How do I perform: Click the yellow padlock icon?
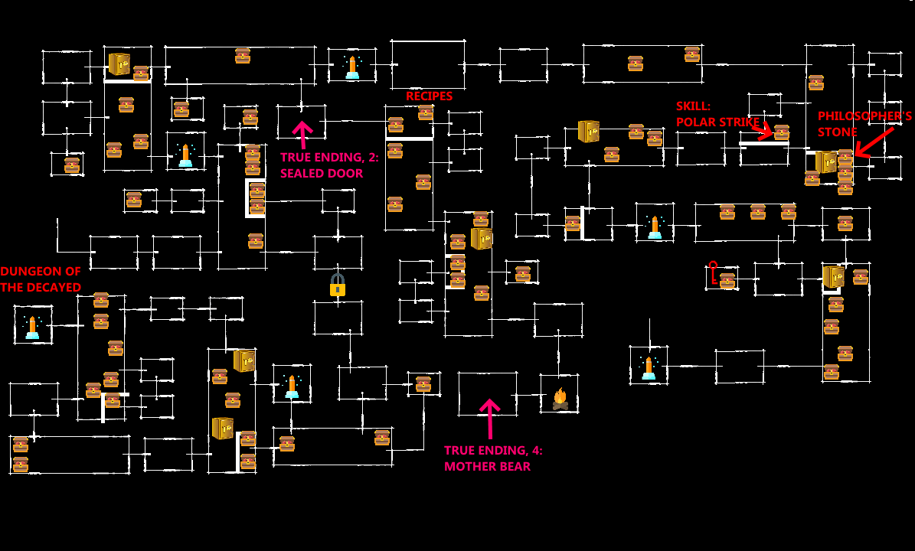click(x=338, y=285)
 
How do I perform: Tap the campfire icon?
click(x=560, y=399)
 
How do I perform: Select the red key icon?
click(x=713, y=272)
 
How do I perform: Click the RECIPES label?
click(x=429, y=96)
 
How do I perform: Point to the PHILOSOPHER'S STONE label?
click(x=864, y=124)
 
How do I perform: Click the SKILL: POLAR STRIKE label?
click(x=717, y=114)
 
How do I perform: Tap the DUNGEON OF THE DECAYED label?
click(x=41, y=279)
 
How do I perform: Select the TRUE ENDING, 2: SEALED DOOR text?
click(x=329, y=165)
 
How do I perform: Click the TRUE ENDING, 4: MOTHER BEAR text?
click(x=493, y=458)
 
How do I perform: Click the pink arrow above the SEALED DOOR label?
click(x=302, y=134)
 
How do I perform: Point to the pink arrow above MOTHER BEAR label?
click(x=489, y=417)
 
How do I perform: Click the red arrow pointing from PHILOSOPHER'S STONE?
click(x=874, y=142)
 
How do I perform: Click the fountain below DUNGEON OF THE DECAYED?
click(x=32, y=327)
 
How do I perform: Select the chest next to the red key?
click(x=727, y=281)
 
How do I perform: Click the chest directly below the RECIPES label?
click(x=426, y=113)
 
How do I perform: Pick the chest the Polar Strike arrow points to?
click(x=782, y=132)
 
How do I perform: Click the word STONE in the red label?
click(x=838, y=132)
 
